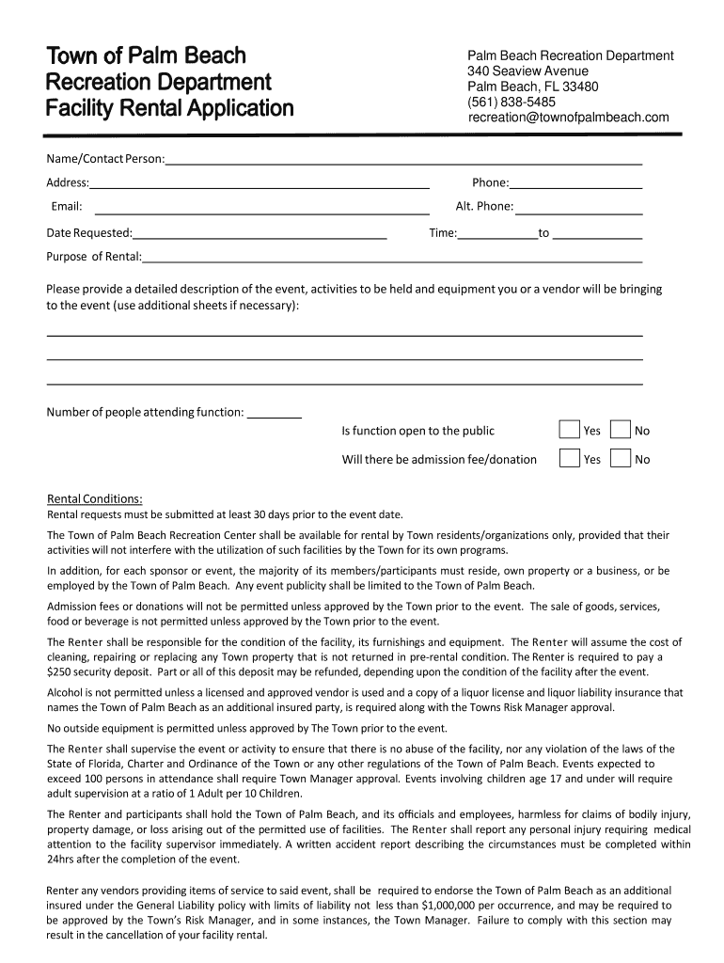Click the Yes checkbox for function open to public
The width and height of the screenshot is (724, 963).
pos(569,430)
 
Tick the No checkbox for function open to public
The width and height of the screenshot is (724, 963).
pos(620,430)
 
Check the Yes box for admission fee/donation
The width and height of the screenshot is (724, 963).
pos(569,458)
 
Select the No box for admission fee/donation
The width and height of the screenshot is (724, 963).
pos(620,458)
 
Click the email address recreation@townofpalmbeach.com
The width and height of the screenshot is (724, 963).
pos(569,118)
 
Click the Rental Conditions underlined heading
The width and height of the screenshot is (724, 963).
pos(95,498)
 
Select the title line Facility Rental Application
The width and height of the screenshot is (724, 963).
pos(170,108)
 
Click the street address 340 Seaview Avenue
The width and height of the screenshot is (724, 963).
pos(528,71)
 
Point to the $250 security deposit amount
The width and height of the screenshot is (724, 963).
pos(61,672)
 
